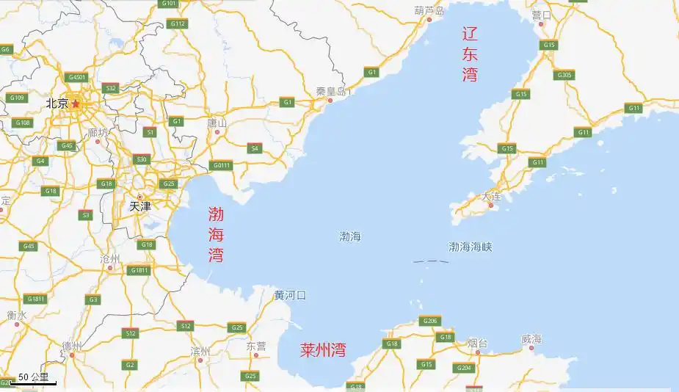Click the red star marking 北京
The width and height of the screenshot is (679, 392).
[76, 104]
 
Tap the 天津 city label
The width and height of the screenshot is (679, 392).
[139, 206]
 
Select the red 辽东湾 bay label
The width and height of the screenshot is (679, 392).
[470, 54]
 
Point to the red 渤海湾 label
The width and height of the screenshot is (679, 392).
[216, 235]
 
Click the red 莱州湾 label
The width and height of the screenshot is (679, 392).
[323, 349]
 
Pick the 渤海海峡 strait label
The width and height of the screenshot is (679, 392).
[471, 247]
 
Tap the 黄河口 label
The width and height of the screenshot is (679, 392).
[290, 295]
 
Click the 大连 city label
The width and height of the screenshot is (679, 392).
[492, 197]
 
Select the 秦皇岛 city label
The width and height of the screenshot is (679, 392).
[331, 91]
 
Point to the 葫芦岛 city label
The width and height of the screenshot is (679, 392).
[429, 11]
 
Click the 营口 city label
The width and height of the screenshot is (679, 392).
[542, 15]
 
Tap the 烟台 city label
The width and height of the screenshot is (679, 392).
[478, 342]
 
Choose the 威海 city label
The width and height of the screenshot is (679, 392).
[531, 338]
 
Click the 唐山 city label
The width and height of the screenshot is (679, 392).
[218, 123]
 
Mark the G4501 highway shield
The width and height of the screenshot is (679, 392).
[76, 77]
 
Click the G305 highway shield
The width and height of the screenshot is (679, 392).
[564, 75]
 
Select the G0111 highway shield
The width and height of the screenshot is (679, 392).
[221, 165]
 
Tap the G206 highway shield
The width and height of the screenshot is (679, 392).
[429, 321]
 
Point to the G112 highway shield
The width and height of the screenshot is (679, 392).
[178, 23]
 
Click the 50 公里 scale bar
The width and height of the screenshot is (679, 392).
[35, 379]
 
